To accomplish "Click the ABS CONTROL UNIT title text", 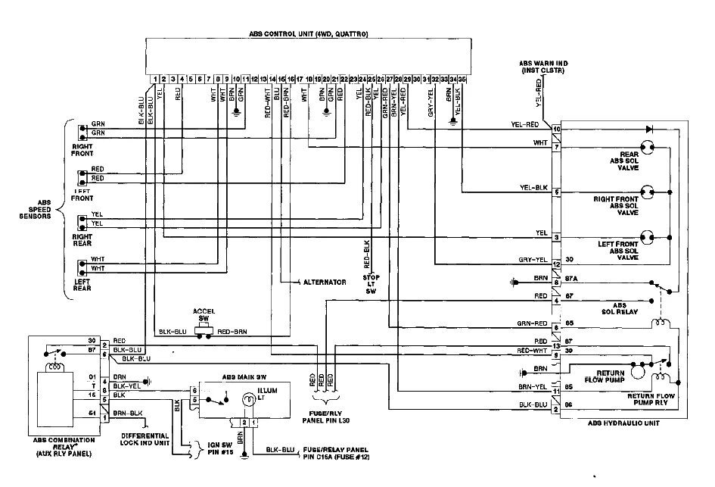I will click(308, 35).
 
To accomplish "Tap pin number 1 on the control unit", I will click(154, 78).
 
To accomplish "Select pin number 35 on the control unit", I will click(462, 78).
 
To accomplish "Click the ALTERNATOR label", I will click(325, 282).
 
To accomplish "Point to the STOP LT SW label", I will click(371, 284).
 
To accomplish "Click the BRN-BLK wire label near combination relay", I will click(126, 413).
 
